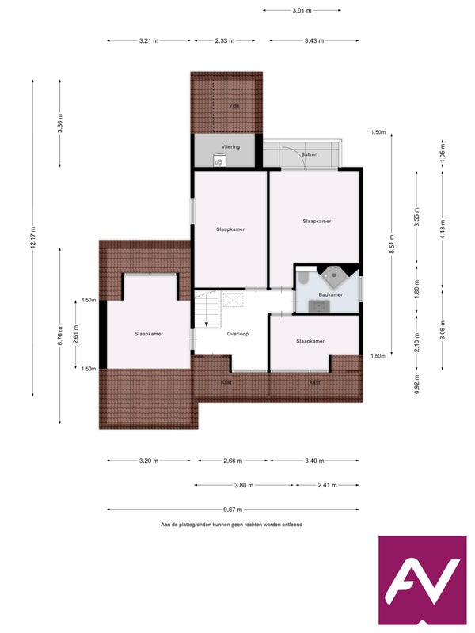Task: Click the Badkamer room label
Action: [330, 294]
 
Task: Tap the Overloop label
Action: [237, 334]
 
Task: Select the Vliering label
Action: [230, 147]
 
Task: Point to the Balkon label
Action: [310, 154]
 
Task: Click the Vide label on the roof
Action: [234, 106]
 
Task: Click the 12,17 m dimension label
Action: [32, 237]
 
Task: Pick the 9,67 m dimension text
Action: [233, 510]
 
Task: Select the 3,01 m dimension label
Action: [302, 10]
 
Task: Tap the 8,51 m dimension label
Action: [391, 244]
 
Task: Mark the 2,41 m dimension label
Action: [327, 485]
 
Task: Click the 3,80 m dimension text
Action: [244, 485]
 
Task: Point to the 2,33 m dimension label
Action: [225, 41]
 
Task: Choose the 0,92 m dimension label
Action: [417, 385]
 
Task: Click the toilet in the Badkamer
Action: [304, 278]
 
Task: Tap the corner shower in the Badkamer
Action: [333, 275]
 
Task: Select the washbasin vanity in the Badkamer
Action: [320, 306]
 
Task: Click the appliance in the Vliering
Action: [219, 161]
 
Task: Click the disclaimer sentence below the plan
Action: [231, 525]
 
